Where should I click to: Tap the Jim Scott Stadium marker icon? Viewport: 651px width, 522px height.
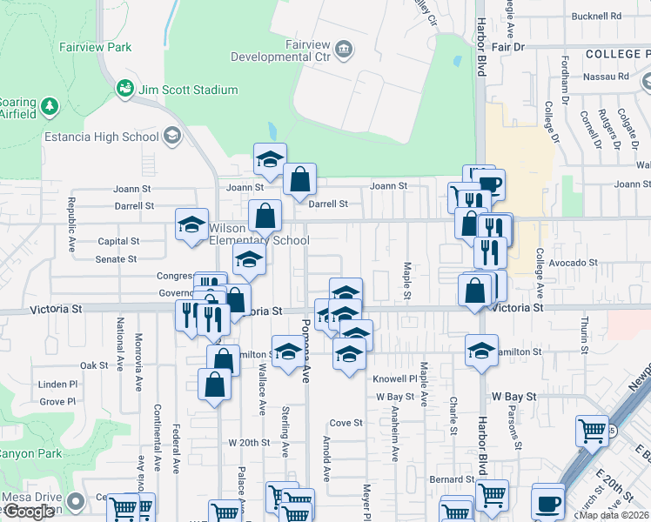tap(125, 89)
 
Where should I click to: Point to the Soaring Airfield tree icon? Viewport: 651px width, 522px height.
tap(50, 106)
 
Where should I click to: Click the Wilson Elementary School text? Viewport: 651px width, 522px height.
tap(258, 234)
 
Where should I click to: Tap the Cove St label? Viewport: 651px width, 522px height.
tap(346, 423)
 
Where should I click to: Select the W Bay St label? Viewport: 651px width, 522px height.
tap(393, 397)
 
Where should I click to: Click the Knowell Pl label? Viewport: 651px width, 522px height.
tap(396, 379)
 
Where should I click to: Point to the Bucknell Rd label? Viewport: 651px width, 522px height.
tap(596, 17)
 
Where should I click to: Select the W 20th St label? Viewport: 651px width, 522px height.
tap(250, 443)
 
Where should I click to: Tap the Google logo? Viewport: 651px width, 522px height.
tap(29, 512)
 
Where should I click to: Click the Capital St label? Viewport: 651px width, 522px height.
tap(119, 241)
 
